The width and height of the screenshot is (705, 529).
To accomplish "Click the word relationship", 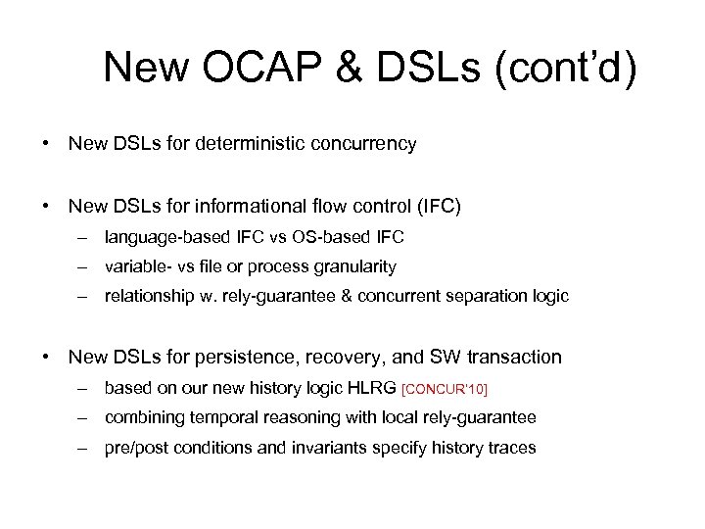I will [147, 297].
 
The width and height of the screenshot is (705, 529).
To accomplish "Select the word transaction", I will [511, 358].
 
